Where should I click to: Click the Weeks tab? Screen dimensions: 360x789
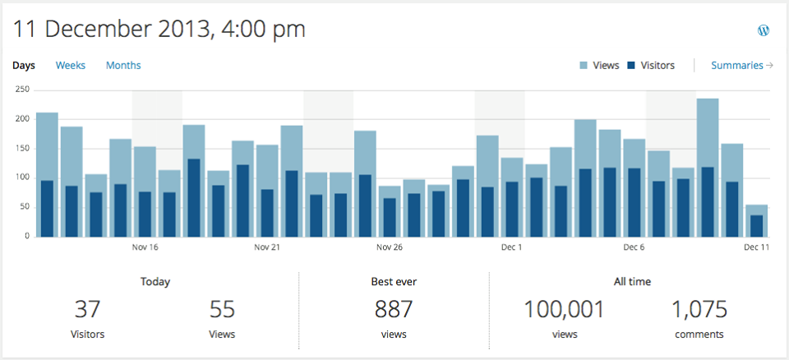click(x=71, y=66)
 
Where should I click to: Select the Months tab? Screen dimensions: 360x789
click(x=123, y=66)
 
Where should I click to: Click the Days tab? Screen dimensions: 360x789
click(x=24, y=66)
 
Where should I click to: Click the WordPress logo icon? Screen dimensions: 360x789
click(x=764, y=30)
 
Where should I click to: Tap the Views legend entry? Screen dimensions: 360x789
click(x=599, y=66)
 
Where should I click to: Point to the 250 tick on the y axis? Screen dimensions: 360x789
click(x=22, y=90)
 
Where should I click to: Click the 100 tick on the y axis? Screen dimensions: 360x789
click(x=22, y=178)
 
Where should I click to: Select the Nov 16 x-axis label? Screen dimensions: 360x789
click(x=145, y=247)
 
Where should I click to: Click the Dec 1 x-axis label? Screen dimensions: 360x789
click(x=510, y=247)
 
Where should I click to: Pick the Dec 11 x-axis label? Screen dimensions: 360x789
click(x=756, y=247)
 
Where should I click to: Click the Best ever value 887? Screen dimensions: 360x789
click(x=394, y=310)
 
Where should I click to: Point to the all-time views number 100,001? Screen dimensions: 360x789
click(x=564, y=310)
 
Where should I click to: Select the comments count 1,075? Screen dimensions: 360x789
click(x=699, y=310)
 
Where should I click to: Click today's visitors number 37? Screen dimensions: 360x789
click(x=87, y=310)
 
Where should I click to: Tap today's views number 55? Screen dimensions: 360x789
click(x=222, y=310)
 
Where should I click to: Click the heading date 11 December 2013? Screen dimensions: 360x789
click(x=159, y=30)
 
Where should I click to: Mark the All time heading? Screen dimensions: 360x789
click(x=632, y=282)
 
